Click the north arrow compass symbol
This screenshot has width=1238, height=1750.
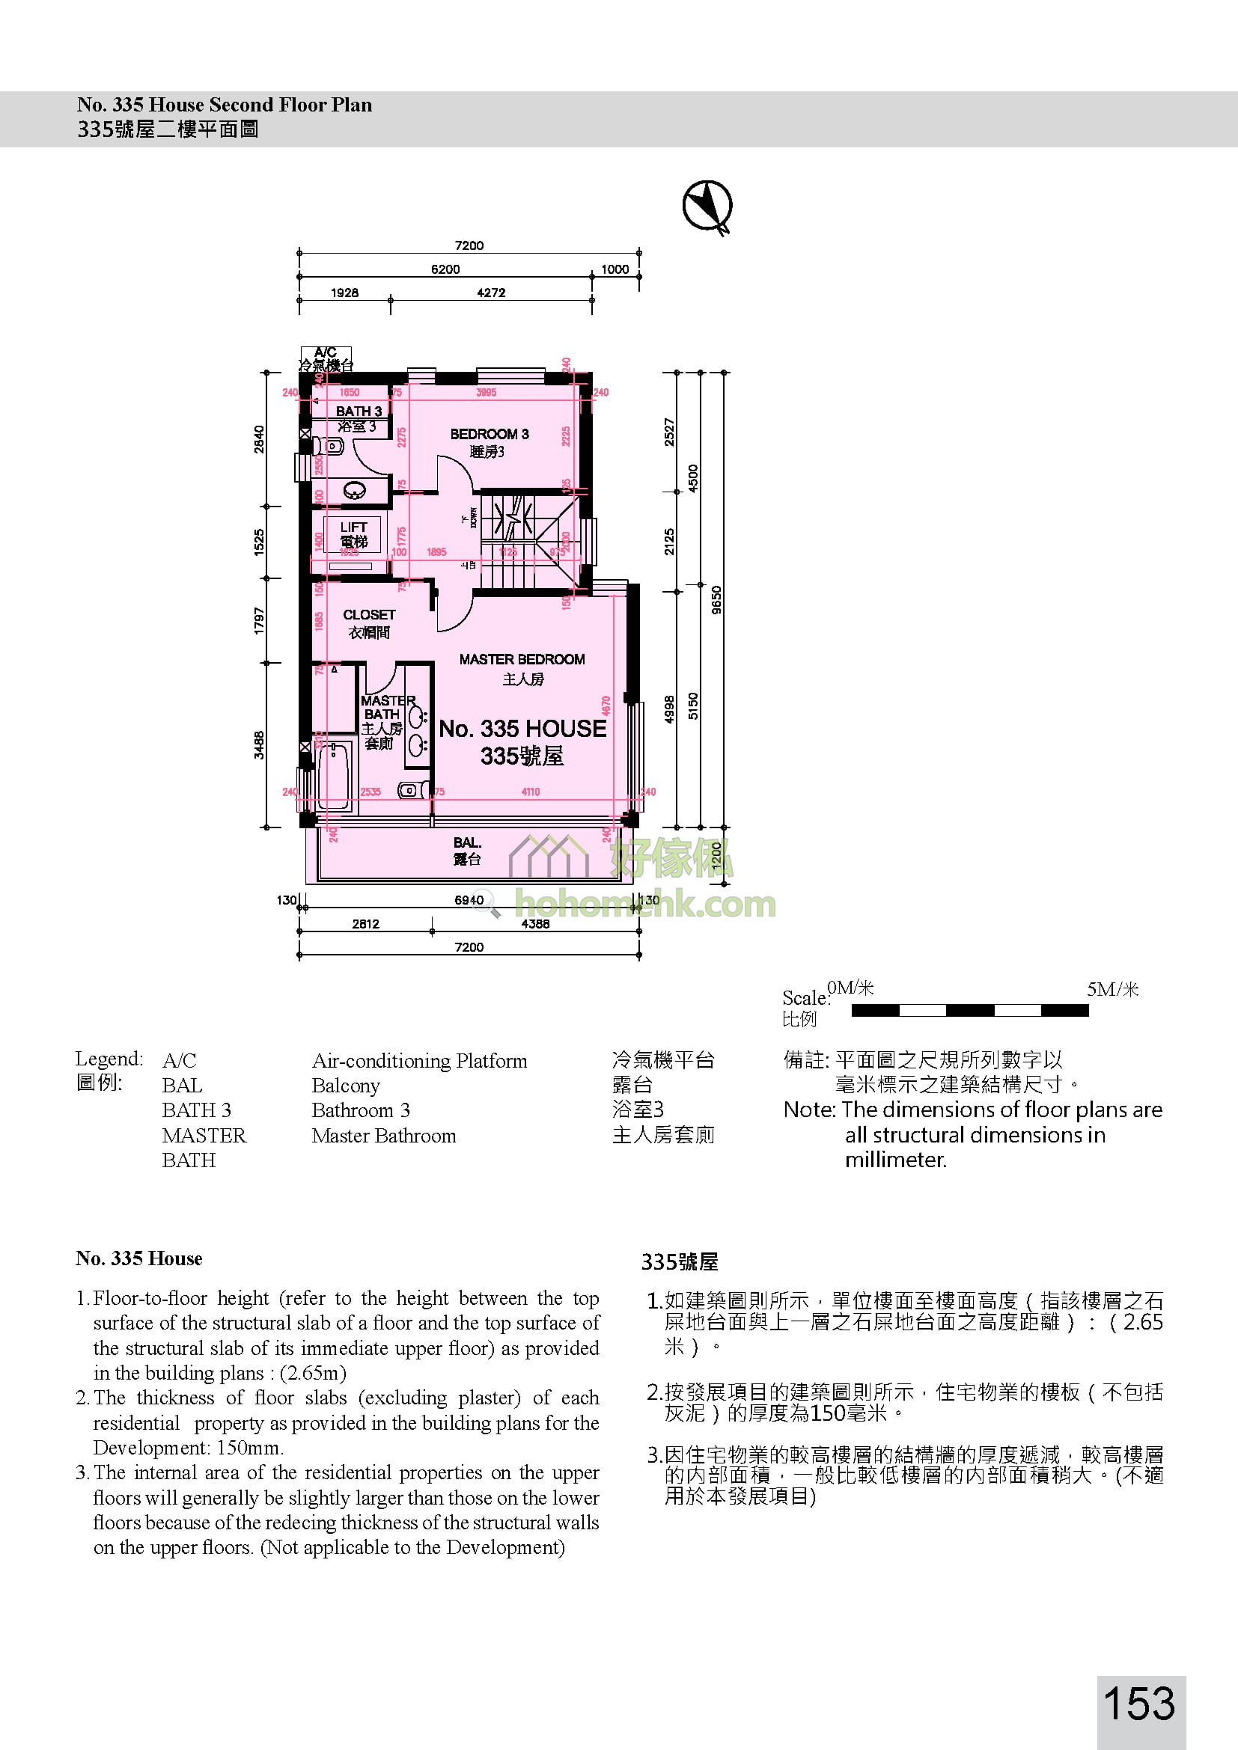707,205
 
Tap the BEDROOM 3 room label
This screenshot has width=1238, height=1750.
489,435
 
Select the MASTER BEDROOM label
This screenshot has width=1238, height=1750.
522,659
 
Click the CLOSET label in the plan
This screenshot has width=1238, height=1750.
369,615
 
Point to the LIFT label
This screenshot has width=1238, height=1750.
353,527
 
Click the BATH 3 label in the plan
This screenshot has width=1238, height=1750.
359,412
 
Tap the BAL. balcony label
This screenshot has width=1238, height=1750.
466,843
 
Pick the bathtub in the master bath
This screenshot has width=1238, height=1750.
334,775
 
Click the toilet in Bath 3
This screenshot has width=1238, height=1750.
333,446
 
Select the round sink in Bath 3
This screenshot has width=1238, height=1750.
355,491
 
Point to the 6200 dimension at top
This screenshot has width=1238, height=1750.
445,269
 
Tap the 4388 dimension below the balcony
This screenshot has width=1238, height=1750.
535,924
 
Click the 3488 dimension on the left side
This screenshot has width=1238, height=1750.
259,744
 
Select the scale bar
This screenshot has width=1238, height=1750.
969,1011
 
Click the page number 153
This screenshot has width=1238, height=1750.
1140,1703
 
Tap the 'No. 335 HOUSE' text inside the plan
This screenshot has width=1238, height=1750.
522,729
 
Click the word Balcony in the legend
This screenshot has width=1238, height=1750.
345,1086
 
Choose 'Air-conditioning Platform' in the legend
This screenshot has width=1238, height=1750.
419,1061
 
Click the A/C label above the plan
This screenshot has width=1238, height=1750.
325,352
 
